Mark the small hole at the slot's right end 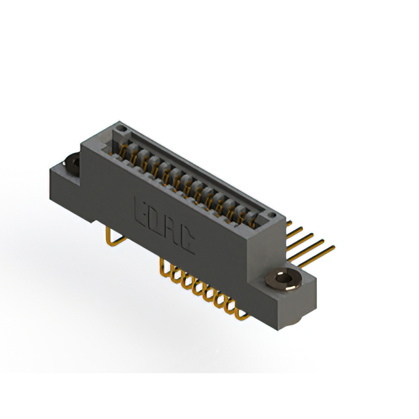coord(268,215)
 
